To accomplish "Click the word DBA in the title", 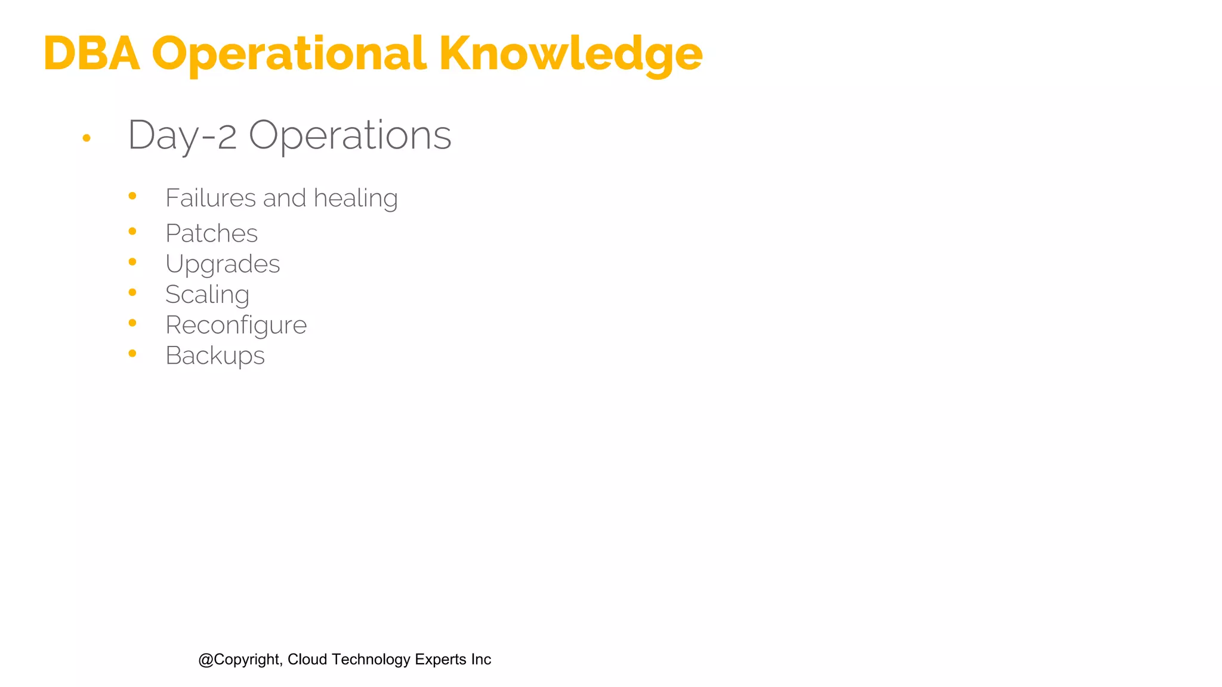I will pos(91,54).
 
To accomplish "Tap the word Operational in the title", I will pos(289,55).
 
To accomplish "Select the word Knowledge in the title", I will pos(570,55).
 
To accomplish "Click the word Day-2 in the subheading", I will pos(182,135).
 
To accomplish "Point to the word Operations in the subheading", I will pos(350,135).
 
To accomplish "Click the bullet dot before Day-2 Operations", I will pos(87,138).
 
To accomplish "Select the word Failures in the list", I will pos(211,198).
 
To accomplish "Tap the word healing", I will pos(356,198).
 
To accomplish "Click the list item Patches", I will pos(211,233).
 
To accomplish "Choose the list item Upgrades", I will pos(223,264).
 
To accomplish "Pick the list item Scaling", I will pos(207,295).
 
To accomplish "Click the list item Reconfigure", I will pos(236,325).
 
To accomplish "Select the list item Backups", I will pos(215,356).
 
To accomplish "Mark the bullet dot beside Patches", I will pos(132,231).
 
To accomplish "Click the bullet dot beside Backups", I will pos(132,354).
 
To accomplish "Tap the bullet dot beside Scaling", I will pos(132,292).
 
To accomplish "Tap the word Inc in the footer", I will pos(481,660).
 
